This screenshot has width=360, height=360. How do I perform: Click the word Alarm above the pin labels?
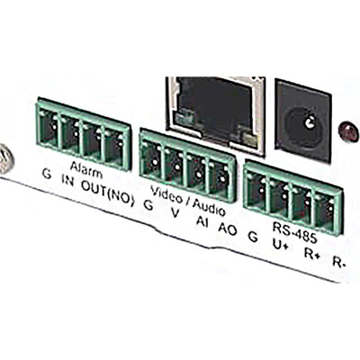click(x=86, y=169)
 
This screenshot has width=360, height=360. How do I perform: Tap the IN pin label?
click(x=67, y=182)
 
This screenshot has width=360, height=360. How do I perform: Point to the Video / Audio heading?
click(x=188, y=200)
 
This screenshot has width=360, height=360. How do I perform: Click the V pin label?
click(x=175, y=213)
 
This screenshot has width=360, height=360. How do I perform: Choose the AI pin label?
click(x=202, y=221)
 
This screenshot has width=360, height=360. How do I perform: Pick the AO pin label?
click(x=228, y=229)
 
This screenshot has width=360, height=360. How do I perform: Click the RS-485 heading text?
click(x=294, y=233)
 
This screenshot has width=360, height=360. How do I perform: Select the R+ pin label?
click(x=311, y=255)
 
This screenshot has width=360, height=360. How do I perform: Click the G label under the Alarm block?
click(x=47, y=174)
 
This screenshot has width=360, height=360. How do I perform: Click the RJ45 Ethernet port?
click(x=215, y=114)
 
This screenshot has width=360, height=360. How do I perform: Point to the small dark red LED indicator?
click(x=348, y=131)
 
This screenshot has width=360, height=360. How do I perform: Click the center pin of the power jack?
click(x=308, y=121)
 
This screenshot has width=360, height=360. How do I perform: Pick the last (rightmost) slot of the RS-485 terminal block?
click(x=326, y=211)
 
